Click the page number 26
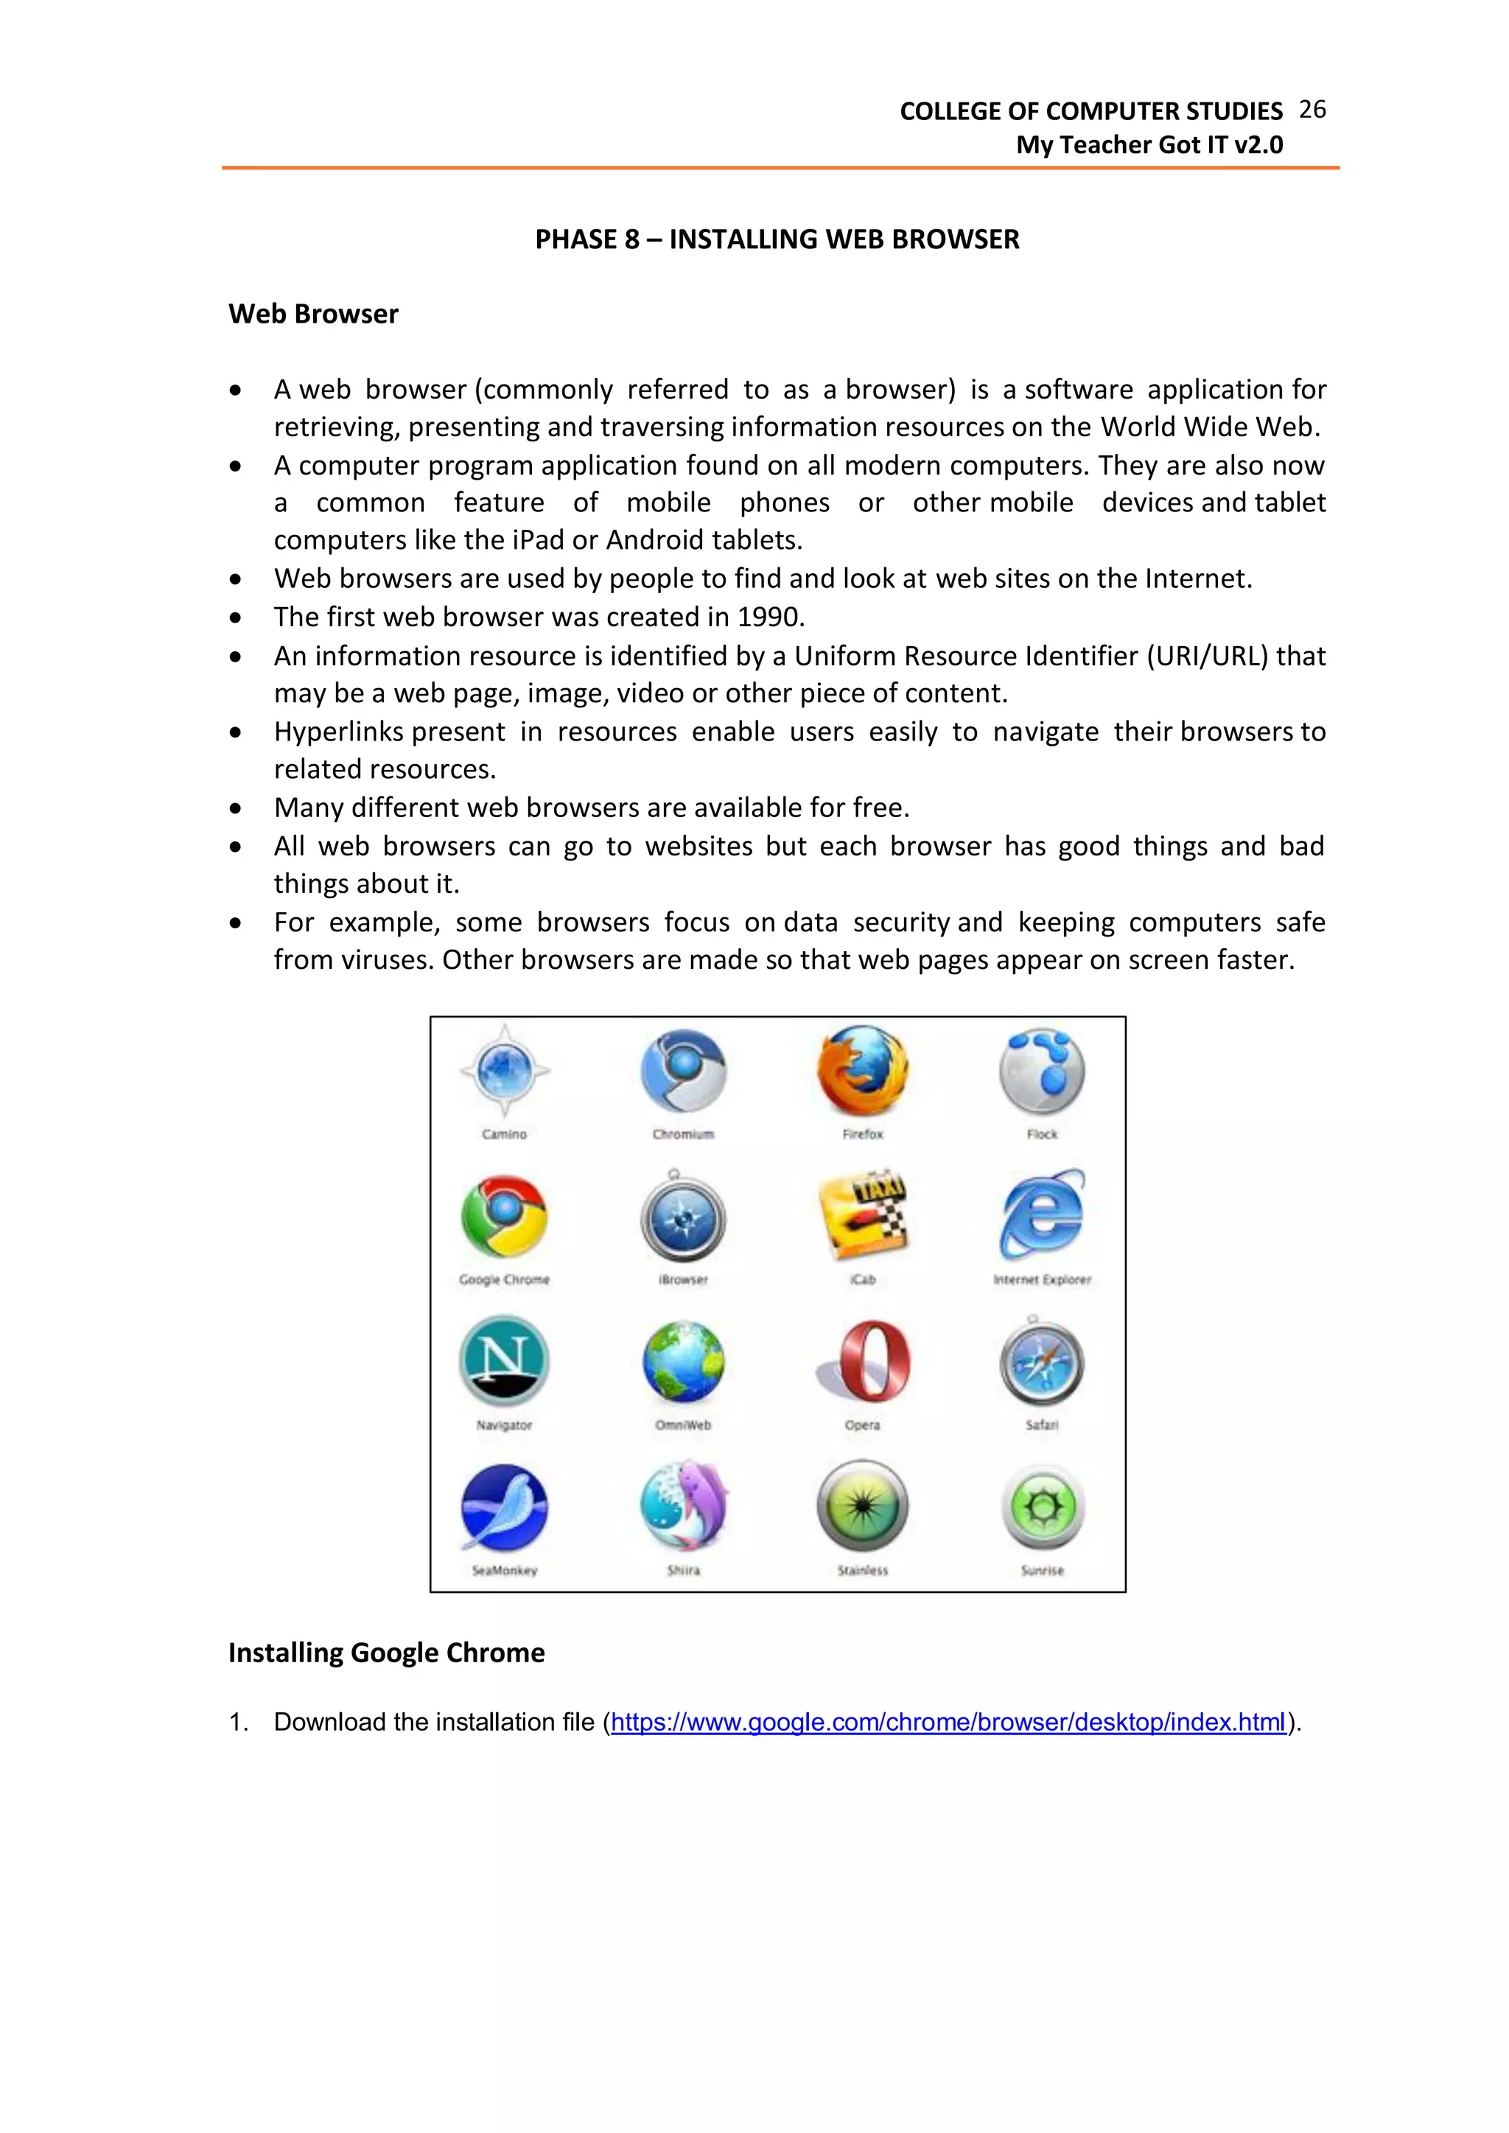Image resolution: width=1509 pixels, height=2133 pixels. [1312, 110]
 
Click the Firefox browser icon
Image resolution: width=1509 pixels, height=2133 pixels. [862, 1071]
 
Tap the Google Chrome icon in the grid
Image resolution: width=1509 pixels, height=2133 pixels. [504, 1216]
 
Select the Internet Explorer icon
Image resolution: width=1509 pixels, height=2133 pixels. [1043, 1214]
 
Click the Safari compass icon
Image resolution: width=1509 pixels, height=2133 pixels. [1042, 1364]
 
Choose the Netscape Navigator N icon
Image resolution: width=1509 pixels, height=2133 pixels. [504, 1361]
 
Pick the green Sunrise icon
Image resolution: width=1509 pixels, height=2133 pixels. [1042, 1507]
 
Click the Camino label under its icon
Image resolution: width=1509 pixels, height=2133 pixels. [504, 1135]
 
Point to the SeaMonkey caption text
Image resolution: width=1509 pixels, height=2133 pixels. [504, 1571]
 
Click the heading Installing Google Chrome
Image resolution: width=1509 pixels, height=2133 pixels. [387, 1653]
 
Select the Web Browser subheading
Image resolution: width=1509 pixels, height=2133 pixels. [313, 314]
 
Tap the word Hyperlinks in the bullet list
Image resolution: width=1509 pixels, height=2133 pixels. [338, 732]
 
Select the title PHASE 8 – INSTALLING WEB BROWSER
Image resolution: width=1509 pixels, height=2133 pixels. [777, 239]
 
